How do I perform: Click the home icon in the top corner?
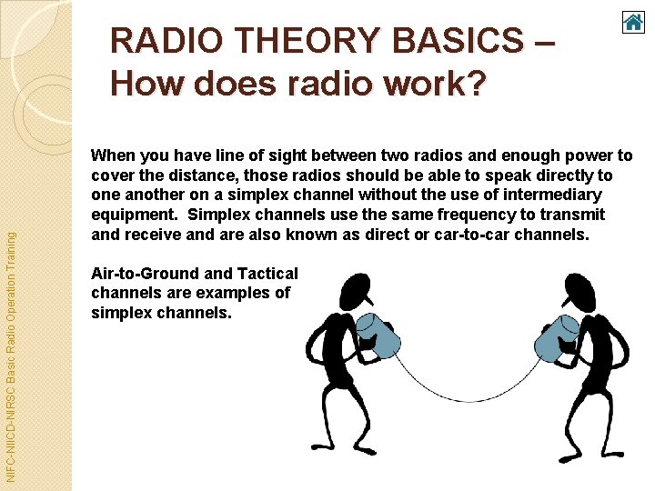click(633, 22)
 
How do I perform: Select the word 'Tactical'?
click(267, 274)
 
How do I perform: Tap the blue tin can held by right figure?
click(556, 338)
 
